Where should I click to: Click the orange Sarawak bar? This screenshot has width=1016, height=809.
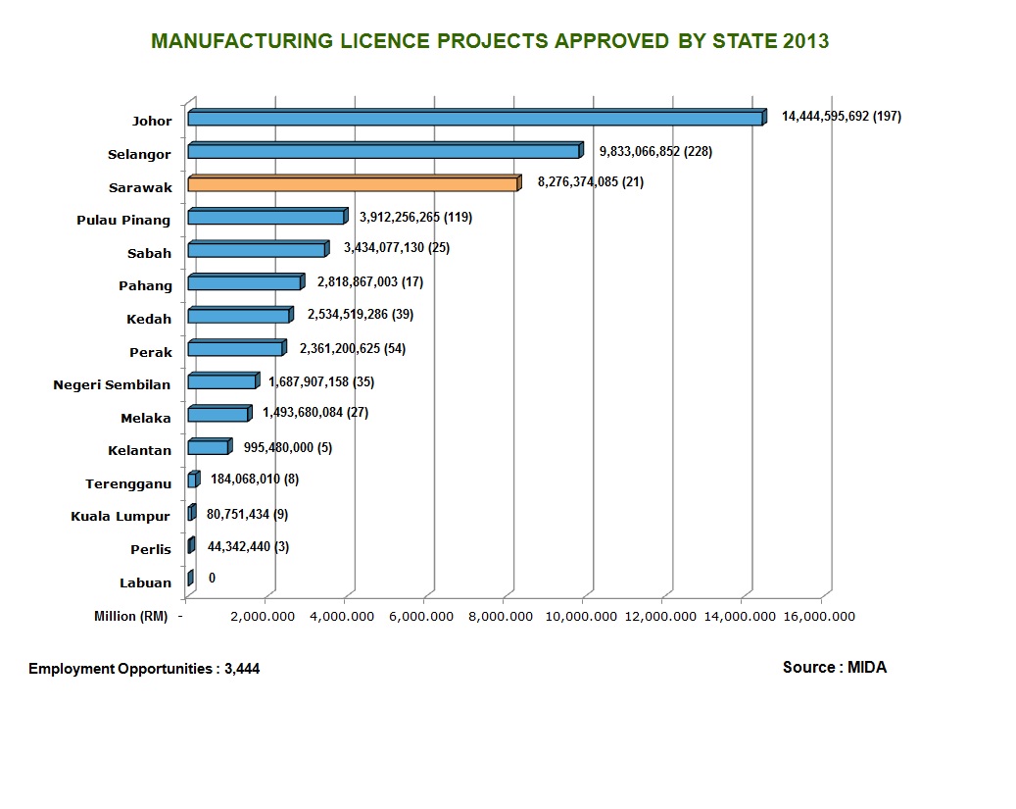click(x=352, y=183)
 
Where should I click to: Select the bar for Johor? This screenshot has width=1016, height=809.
click(x=475, y=118)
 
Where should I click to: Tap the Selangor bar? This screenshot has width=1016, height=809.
click(x=383, y=151)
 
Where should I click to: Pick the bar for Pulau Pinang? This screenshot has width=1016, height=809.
click(x=266, y=217)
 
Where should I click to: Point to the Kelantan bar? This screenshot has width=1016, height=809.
click(x=208, y=447)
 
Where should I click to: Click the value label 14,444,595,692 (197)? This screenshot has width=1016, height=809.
click(x=841, y=117)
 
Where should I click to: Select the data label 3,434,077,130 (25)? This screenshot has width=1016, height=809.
click(x=396, y=248)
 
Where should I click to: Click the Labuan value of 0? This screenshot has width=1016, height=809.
click(x=212, y=579)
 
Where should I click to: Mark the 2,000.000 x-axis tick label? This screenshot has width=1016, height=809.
click(x=266, y=617)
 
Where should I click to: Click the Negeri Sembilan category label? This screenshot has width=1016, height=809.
click(x=112, y=384)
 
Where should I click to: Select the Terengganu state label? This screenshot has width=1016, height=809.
click(x=128, y=483)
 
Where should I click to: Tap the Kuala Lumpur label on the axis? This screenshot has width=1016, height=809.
click(x=121, y=517)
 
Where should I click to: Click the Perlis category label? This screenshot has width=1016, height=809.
click(x=151, y=549)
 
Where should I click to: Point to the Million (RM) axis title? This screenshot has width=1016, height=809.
click(x=130, y=616)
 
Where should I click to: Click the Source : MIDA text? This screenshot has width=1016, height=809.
click(x=834, y=668)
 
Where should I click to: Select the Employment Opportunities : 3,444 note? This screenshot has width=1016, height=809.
click(x=144, y=669)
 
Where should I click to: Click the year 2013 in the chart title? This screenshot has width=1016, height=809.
click(x=805, y=41)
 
